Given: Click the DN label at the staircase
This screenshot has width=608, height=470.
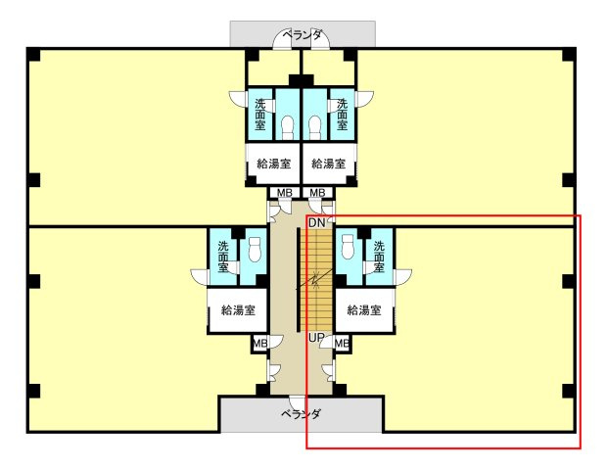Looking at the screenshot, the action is click(x=316, y=223).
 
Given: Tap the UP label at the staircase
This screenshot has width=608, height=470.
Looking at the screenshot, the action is click(x=315, y=338).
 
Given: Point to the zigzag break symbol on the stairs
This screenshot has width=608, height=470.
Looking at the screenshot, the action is click(x=315, y=279).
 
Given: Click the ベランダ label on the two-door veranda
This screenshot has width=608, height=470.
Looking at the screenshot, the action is click(x=302, y=35).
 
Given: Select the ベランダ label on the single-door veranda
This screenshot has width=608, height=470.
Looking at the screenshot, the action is click(x=301, y=414).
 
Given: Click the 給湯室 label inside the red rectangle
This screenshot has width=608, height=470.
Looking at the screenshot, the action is click(x=364, y=309).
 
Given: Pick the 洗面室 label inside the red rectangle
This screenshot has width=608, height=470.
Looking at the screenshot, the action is click(x=379, y=257).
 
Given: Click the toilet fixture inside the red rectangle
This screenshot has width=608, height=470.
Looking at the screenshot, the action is click(x=349, y=246).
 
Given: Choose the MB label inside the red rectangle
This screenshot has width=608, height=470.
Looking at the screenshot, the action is click(x=342, y=343).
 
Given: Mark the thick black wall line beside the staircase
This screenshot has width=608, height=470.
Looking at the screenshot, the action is click(x=299, y=280).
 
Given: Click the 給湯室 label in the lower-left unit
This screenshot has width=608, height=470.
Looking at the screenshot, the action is click(x=238, y=309).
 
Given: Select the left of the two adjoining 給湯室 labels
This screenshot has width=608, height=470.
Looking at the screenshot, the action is click(x=274, y=164).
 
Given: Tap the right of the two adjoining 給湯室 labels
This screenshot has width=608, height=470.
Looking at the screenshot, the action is click(x=329, y=164).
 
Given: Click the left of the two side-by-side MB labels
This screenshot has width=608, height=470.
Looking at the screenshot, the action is click(x=284, y=192).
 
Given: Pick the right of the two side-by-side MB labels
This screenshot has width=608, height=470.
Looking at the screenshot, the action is click(x=317, y=192).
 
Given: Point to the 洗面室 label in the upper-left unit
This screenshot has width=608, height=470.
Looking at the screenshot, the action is click(x=260, y=115).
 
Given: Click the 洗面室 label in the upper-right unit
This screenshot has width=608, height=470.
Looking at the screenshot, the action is click(x=342, y=115).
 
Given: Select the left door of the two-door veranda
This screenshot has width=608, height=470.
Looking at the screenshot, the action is click(x=283, y=40).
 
